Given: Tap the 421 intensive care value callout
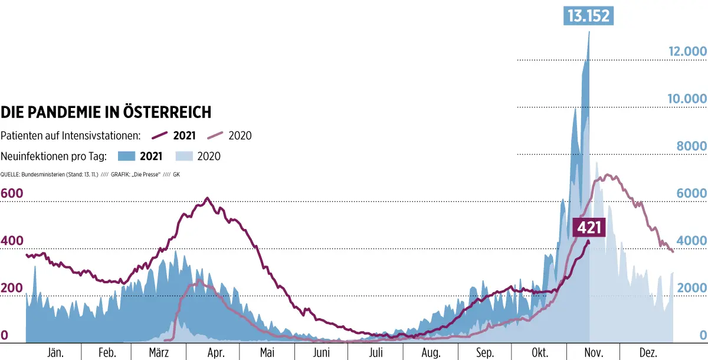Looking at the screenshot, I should coord(590,227).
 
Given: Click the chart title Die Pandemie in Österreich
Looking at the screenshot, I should coord(106,112).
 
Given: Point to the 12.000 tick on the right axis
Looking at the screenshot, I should coord(687,51).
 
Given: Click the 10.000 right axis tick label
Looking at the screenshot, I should coord(687,99).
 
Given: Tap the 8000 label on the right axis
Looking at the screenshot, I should coord(691,146).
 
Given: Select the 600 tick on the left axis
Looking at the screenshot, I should coord(13,194).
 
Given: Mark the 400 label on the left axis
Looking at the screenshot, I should coord(13,241).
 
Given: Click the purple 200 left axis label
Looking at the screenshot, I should coord(13,288).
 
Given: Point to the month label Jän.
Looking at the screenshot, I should coord(55,352).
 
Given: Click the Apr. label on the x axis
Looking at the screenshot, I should coord(216,352).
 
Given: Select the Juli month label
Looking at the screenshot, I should coord(376,352).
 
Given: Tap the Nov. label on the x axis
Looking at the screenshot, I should coord(593,352).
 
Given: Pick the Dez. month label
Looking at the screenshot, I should coord(647,352).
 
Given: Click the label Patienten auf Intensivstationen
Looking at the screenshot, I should coord(71,136).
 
